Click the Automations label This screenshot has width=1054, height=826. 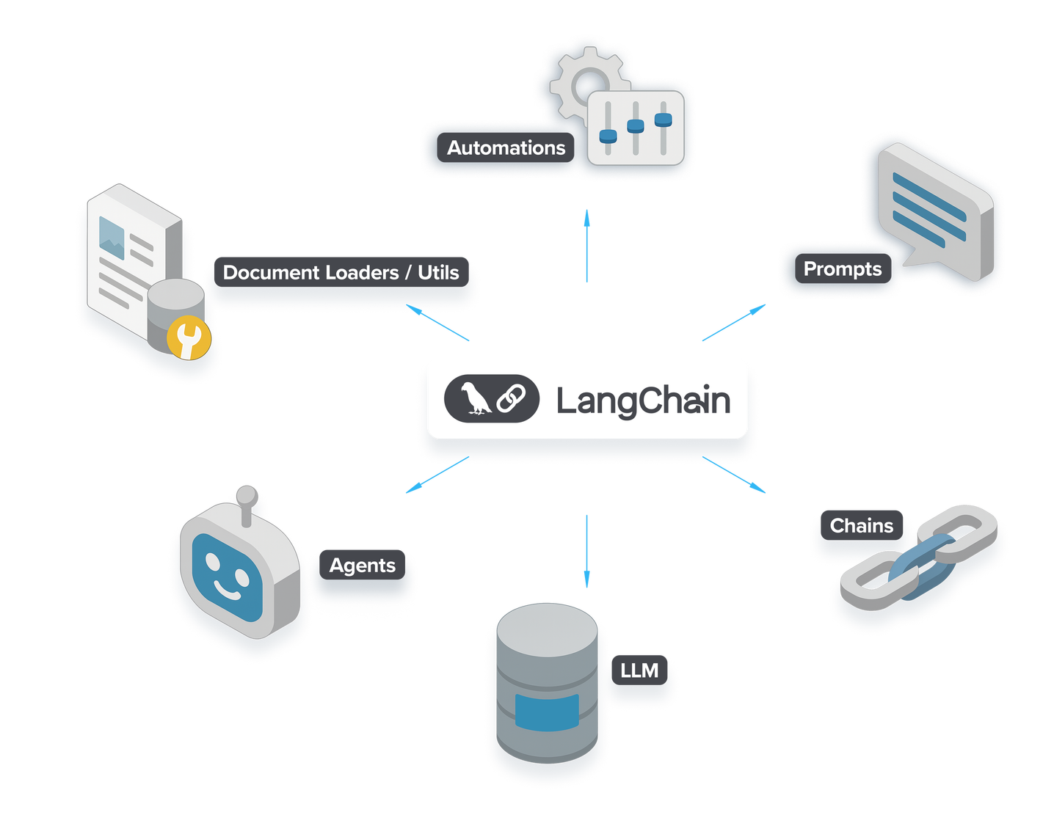pyautogui.click(x=506, y=148)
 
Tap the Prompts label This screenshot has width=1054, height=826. pyautogui.click(x=842, y=269)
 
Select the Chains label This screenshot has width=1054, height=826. pyautogui.click(x=861, y=526)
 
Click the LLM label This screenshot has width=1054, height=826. pyautogui.click(x=639, y=670)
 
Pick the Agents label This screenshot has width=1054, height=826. pyautogui.click(x=362, y=566)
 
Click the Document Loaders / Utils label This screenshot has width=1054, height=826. pyautogui.click(x=341, y=273)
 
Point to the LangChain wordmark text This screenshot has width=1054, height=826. pyautogui.click(x=643, y=401)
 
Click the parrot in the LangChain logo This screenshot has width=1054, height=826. pyautogui.click(x=476, y=399)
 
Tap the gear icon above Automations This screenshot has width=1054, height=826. pyautogui.click(x=580, y=81)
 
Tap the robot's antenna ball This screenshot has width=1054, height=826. pyautogui.click(x=247, y=495)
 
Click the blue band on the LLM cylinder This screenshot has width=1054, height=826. pyautogui.click(x=547, y=712)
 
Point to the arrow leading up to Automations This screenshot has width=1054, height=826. pyautogui.click(x=586, y=245)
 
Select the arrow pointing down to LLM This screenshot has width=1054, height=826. pyautogui.click(x=586, y=551)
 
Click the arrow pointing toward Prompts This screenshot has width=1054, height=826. pyautogui.click(x=734, y=322)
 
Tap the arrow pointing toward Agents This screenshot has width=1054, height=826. pyautogui.click(x=437, y=475)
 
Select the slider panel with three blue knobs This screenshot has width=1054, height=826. pyautogui.click(x=636, y=128)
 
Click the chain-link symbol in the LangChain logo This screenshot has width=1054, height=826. pyautogui.click(x=512, y=399)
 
